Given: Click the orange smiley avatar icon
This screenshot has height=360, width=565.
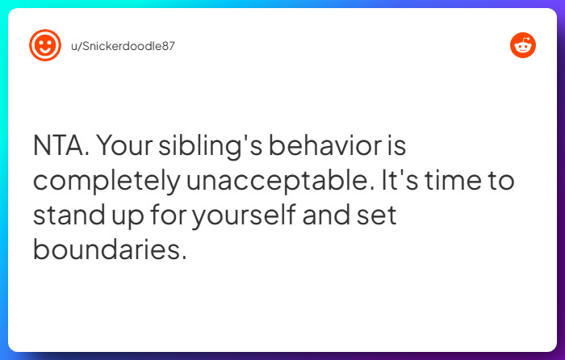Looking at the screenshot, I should pos(45,45).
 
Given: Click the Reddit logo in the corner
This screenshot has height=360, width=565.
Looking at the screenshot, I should pos(523,45).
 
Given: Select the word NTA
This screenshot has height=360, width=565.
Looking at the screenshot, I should pos(62,147).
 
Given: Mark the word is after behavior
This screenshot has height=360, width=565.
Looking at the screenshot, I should pos(392,147).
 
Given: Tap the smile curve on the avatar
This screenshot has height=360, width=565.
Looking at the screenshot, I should pos(45,51).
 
